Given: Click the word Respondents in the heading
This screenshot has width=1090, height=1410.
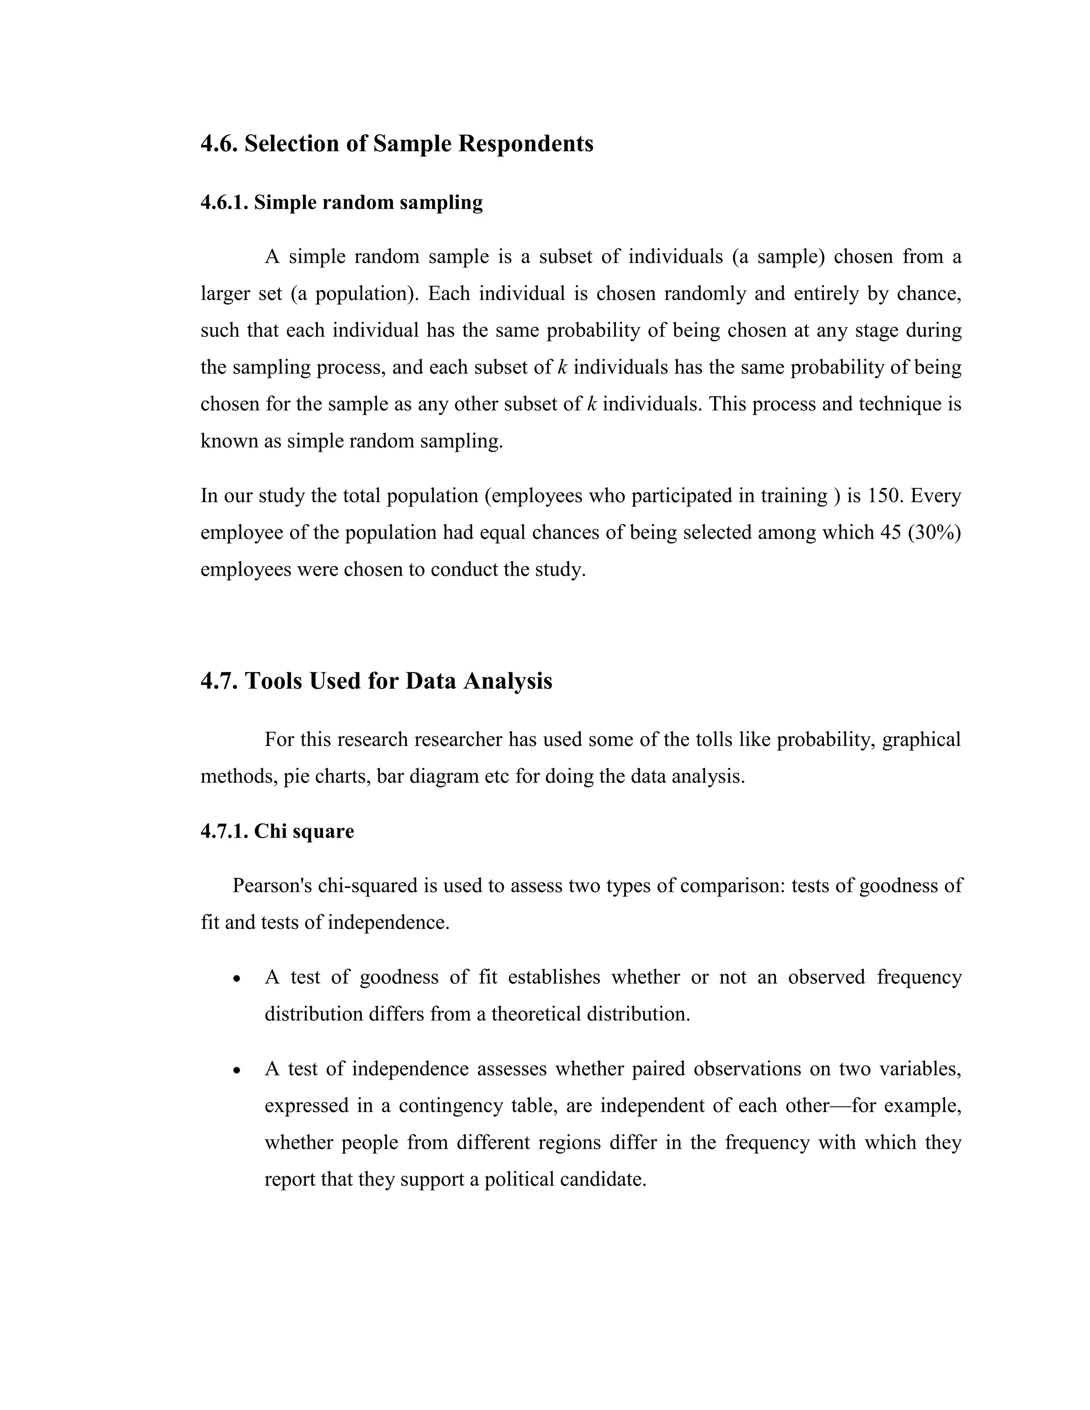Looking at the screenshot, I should pos(526,143).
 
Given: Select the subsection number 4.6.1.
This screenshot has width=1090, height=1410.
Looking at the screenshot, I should pos(224,203).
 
